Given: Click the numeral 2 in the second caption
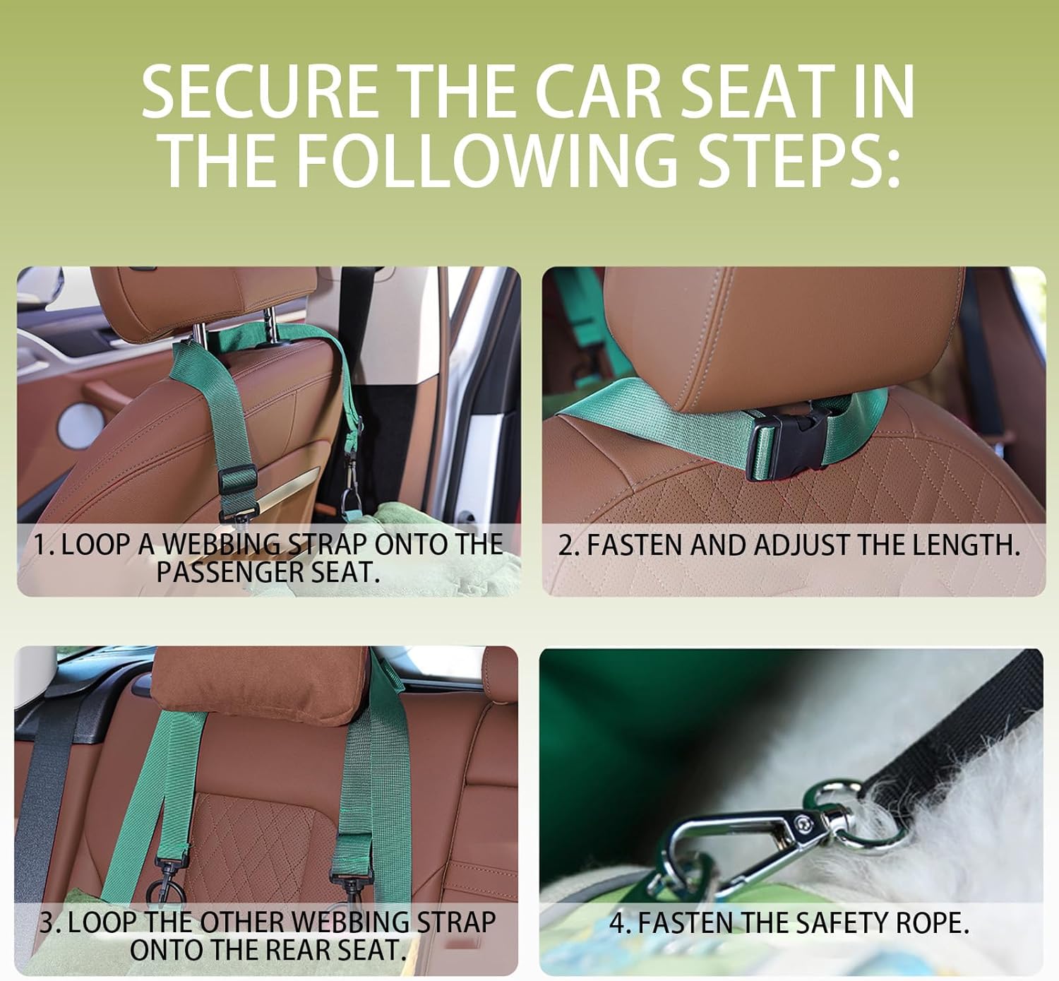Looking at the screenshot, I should pos(565,545).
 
